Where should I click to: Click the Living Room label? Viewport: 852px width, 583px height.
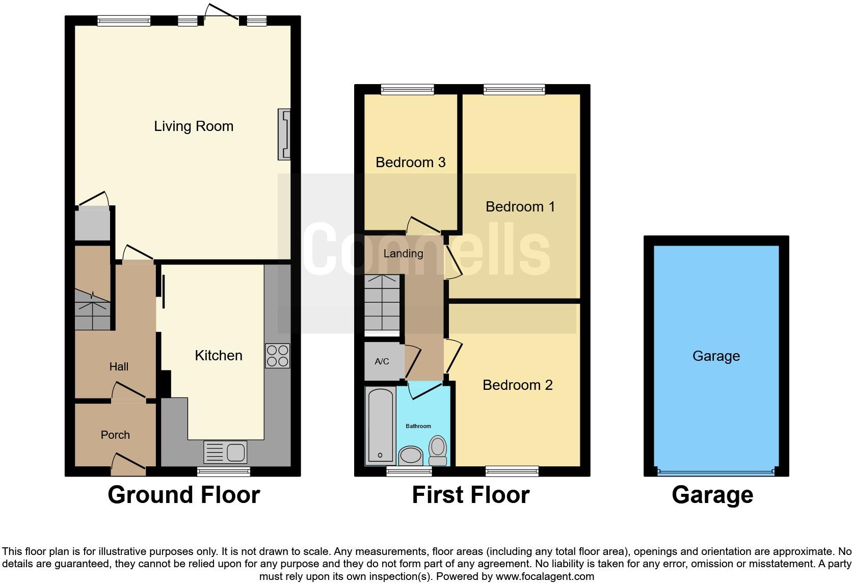pyautogui.click(x=194, y=126)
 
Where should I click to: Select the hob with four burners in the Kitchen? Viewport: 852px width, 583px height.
pyautogui.click(x=277, y=356)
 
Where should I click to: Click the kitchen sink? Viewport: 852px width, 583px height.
pyautogui.click(x=225, y=452)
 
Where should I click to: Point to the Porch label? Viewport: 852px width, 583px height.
pyautogui.click(x=115, y=435)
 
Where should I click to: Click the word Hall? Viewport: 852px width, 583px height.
pyautogui.click(x=119, y=366)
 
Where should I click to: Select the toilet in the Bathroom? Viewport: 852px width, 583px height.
pyautogui.click(x=438, y=449)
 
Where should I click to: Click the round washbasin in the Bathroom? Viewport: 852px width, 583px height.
pyautogui.click(x=410, y=455)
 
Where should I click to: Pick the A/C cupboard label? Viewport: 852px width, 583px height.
pyautogui.click(x=382, y=361)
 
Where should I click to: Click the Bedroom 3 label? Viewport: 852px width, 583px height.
pyautogui.click(x=410, y=162)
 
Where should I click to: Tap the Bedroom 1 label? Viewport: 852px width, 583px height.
pyautogui.click(x=520, y=206)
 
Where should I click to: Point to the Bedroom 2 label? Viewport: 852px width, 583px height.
pyautogui.click(x=517, y=385)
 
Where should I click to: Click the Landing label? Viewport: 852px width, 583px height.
pyautogui.click(x=403, y=253)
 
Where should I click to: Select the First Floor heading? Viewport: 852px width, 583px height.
pyautogui.click(x=470, y=495)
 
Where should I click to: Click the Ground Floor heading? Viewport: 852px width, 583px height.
pyautogui.click(x=183, y=495)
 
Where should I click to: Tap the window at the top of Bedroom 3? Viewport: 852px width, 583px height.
pyautogui.click(x=407, y=90)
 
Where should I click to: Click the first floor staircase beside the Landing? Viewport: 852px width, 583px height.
pyautogui.click(x=382, y=303)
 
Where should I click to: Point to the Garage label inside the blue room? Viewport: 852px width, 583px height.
pyautogui.click(x=716, y=356)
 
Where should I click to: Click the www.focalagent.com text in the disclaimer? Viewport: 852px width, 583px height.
pyautogui.click(x=545, y=576)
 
